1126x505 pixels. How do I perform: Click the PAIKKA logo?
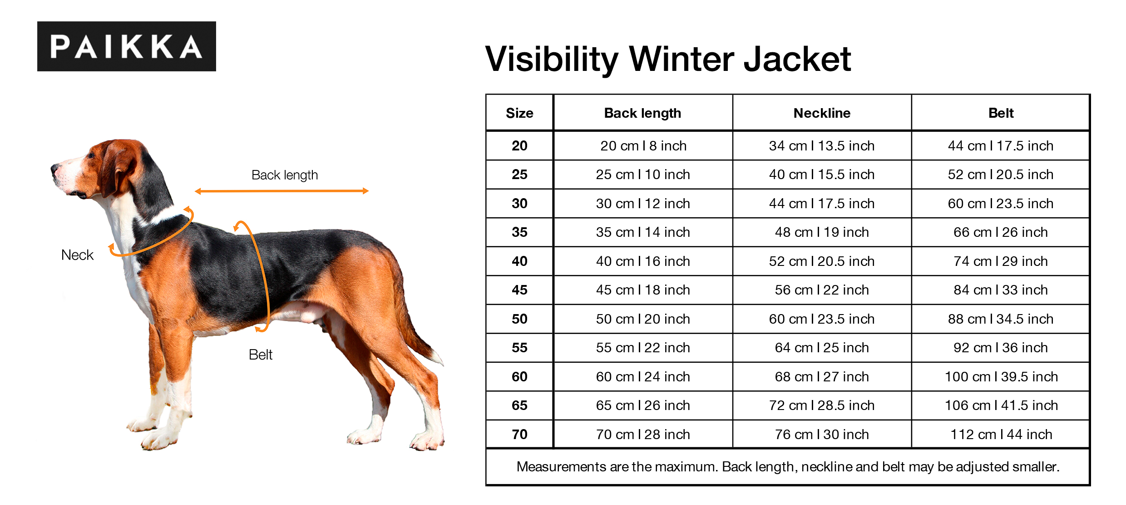coord(127,46)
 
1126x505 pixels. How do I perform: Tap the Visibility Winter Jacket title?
coord(668,60)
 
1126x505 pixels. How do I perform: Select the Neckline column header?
coord(822,113)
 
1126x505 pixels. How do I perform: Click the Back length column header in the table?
coord(642,113)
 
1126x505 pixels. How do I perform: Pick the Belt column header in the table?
coord(1001,113)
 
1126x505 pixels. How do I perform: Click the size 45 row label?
coord(519,290)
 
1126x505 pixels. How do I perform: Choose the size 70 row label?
coord(519,435)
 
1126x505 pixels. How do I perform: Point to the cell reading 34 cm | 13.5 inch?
coord(822,146)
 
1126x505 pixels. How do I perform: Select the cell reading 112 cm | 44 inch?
coord(1001,435)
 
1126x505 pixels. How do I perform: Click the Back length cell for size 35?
coord(643,232)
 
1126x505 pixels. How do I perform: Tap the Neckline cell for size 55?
coord(822,348)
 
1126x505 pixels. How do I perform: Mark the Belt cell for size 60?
coord(1001,377)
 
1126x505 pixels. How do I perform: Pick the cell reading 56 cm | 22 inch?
coord(822,290)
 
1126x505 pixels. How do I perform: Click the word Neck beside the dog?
coord(77,255)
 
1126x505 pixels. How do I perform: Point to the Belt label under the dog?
coord(261,355)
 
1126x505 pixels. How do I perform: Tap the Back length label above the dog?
coord(285,175)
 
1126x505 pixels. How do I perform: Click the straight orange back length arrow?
coord(281,191)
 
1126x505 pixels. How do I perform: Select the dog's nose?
coord(55,169)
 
